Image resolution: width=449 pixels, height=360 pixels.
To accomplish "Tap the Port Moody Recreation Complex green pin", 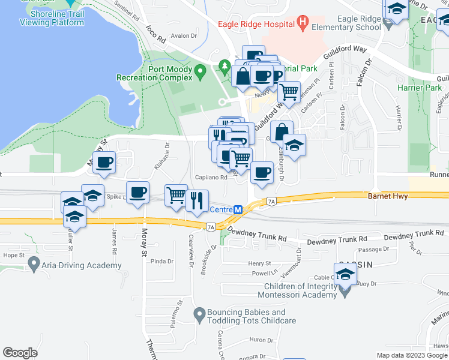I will (201, 73).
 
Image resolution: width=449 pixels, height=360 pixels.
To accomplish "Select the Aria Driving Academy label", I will (81, 265).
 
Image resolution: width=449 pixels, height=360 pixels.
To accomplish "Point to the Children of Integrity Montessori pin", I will (345, 292).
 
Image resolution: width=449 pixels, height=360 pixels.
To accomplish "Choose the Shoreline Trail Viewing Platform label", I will (52, 18).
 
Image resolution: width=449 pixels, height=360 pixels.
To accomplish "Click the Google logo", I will (20, 353).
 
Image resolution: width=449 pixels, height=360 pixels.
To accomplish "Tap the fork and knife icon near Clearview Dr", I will (197, 200).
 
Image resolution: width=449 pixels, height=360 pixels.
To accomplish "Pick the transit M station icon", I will (238, 210).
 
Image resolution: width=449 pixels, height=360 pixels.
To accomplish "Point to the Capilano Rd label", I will (210, 178).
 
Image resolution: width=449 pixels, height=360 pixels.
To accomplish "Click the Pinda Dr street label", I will (161, 262).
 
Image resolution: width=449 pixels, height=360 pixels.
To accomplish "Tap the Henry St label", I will (260, 263).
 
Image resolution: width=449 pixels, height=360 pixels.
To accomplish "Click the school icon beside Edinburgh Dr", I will (294, 145).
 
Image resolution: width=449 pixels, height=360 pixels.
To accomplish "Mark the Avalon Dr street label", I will (184, 36).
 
